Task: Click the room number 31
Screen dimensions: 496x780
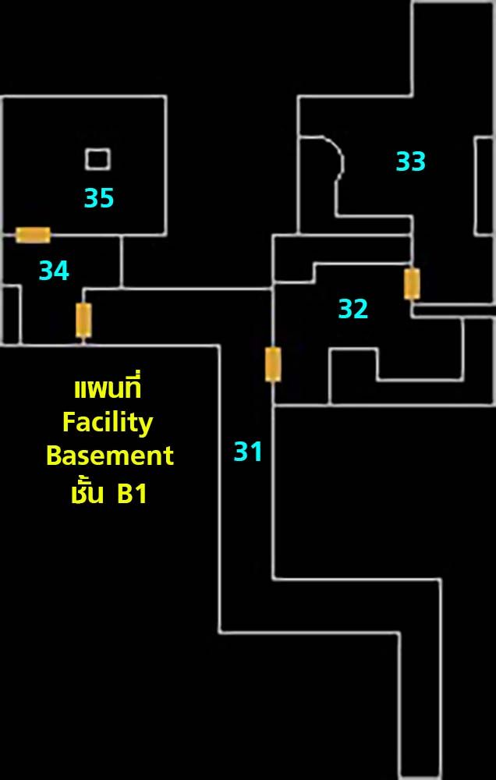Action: click(x=248, y=452)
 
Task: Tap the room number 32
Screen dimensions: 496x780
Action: click(x=353, y=308)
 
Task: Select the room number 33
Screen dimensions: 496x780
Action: click(x=410, y=161)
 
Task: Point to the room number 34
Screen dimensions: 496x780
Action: click(x=54, y=271)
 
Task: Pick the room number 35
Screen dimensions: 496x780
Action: click(x=99, y=197)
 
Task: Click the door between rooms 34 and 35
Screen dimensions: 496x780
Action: click(x=33, y=235)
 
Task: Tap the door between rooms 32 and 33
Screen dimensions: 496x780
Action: click(x=412, y=284)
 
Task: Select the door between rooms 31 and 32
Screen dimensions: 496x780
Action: click(x=273, y=364)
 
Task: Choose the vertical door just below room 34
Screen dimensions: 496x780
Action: click(x=83, y=321)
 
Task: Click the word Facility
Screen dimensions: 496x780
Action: click(x=108, y=424)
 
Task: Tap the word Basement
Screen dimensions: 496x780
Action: click(x=110, y=456)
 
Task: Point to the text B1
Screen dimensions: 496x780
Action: click(x=132, y=495)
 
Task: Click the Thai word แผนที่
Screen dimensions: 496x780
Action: click(x=108, y=388)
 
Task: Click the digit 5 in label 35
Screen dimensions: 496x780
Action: click(x=107, y=197)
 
